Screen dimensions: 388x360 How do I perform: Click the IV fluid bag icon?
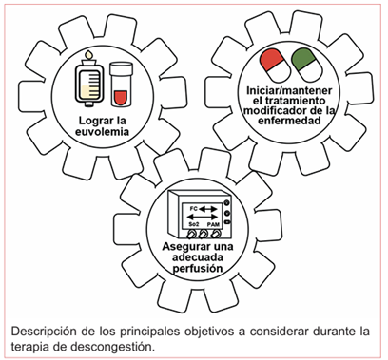tap(89, 80)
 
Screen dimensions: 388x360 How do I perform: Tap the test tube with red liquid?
tap(121, 84)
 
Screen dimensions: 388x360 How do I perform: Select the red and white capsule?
tap(275, 66)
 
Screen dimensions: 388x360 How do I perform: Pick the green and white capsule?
tap(307, 65)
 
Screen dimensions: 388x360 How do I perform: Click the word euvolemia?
tap(102, 131)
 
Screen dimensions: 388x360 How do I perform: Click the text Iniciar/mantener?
tap(289, 90)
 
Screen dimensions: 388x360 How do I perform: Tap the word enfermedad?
tap(289, 121)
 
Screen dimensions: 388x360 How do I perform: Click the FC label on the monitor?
tap(193, 209)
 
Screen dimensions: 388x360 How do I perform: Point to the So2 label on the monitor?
tap(194, 224)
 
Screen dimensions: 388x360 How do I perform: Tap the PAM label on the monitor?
tap(213, 224)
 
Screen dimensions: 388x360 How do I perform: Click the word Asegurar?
tap(181, 247)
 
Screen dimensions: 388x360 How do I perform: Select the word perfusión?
tap(198, 268)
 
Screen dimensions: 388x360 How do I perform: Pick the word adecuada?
tap(198, 257)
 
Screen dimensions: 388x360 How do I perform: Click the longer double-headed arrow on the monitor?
tap(203, 217)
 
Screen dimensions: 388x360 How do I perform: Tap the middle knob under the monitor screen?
tap(203, 235)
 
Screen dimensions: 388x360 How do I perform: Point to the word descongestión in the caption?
tap(112, 346)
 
